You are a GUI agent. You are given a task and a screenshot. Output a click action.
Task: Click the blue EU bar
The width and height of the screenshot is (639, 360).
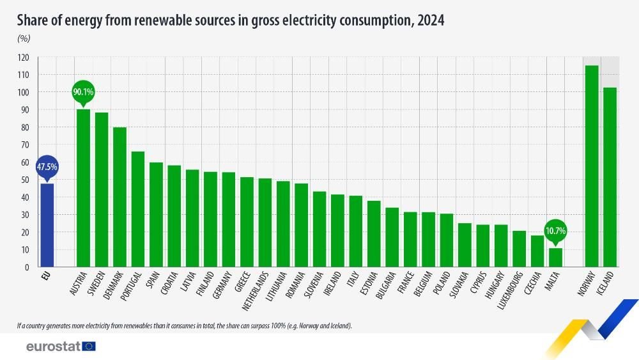tap(47, 225)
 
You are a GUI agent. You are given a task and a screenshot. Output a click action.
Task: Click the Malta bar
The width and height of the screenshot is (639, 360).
tap(556, 257)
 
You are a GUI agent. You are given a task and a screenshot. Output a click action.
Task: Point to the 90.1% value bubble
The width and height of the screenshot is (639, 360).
tap(83, 92)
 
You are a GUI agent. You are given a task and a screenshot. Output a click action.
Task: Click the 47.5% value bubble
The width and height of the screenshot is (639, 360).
tap(47, 167)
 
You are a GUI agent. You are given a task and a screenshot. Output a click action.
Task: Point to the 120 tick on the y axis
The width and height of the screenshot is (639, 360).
tap(24, 58)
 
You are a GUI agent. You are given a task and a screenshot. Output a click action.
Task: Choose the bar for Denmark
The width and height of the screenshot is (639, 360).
tap(119, 197)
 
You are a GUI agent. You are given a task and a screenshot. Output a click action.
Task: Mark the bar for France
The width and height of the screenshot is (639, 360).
tap(410, 239)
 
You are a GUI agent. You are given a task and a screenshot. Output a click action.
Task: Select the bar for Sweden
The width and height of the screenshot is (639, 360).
tap(102, 189)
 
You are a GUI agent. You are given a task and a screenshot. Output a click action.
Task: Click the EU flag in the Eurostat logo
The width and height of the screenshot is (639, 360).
tap(88, 346)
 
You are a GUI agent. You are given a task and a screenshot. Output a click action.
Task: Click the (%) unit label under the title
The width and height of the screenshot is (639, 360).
tap(24, 38)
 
